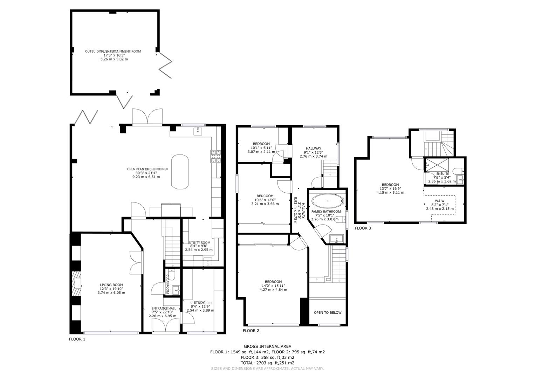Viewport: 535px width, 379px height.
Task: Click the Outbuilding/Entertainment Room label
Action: point(112,51)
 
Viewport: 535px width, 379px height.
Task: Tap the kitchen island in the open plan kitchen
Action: point(180,172)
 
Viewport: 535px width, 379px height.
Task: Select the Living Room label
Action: point(111,285)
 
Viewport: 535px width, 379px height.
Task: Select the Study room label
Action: point(199,302)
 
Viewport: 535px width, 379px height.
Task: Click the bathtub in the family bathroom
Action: point(328,201)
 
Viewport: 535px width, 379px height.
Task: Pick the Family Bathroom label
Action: point(326,212)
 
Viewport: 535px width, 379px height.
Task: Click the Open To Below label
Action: point(327,312)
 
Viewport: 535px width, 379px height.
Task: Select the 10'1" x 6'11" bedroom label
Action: point(261,144)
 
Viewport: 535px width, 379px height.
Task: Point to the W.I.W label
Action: point(440,201)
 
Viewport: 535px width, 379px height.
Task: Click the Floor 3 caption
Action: point(363,228)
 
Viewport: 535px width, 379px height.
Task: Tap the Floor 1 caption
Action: point(77,339)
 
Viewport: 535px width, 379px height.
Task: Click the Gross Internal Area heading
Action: point(267,346)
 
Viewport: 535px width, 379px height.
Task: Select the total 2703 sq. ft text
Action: point(267,363)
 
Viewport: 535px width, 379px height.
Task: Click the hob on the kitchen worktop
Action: point(215,156)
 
